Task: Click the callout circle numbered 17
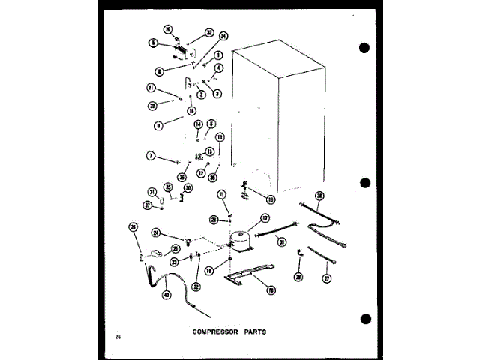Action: coord(265,219)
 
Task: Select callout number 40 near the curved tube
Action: coord(166,294)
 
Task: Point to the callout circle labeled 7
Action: coord(151,156)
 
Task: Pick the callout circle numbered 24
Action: coord(155,232)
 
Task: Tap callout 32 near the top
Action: coord(210,34)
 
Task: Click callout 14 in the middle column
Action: coord(199,124)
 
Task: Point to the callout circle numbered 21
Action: coord(221,195)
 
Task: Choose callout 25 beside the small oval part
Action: coord(175,248)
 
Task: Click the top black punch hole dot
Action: coord(365,47)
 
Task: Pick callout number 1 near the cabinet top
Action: coord(217,55)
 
